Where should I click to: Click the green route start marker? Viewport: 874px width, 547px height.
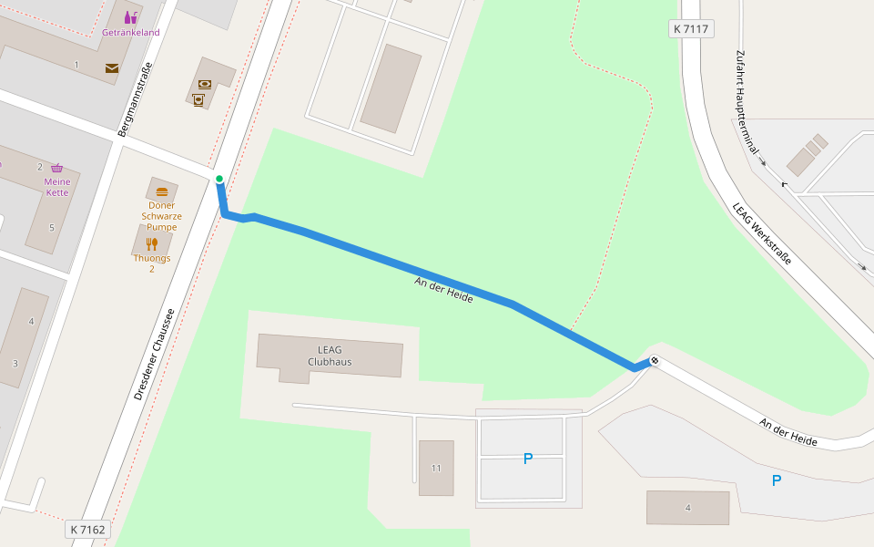(x=219, y=179)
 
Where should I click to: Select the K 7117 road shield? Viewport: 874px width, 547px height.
(x=690, y=29)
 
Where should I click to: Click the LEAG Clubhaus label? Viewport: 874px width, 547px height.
(x=329, y=356)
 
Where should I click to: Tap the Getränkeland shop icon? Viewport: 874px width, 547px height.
(x=131, y=17)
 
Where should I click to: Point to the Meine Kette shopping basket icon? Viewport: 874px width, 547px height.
(x=57, y=168)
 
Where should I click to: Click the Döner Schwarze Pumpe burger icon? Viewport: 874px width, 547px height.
(x=162, y=191)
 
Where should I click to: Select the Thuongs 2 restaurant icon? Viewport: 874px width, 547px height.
(x=152, y=243)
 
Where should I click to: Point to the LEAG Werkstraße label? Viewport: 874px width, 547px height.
(x=762, y=233)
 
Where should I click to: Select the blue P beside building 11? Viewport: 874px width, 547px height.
(x=528, y=459)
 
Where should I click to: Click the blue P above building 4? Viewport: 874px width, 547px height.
(x=777, y=480)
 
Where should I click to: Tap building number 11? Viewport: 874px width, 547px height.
(x=436, y=469)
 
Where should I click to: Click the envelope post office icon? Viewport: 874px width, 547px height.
(x=112, y=68)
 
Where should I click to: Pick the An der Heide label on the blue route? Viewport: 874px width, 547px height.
(x=443, y=291)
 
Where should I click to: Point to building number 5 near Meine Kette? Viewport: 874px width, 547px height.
(x=52, y=227)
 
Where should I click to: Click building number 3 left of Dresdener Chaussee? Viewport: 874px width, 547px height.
(x=15, y=363)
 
